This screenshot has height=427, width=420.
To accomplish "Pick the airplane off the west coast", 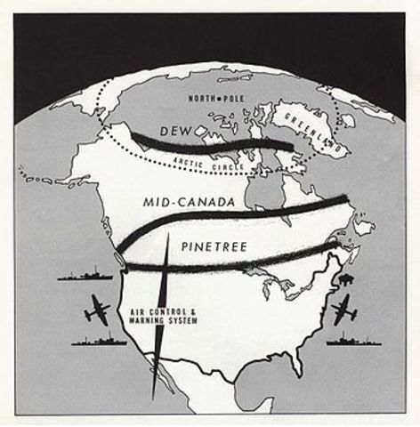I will tap(96, 310).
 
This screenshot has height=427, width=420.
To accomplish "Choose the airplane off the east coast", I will tap(342, 310).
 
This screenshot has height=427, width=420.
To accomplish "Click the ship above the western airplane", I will tap(84, 275).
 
